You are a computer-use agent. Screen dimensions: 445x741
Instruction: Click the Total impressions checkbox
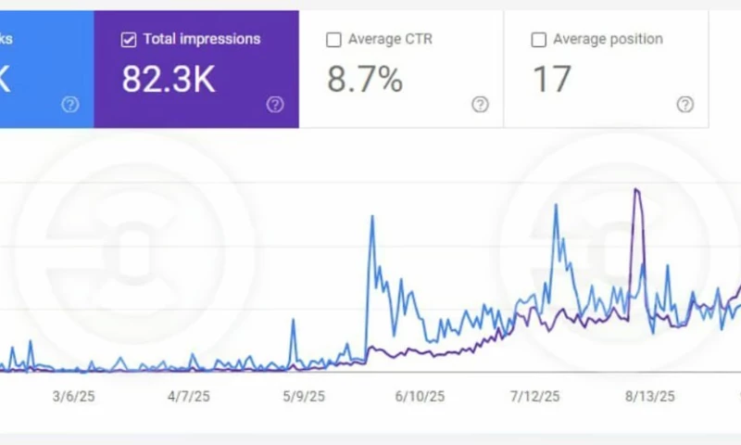(x=130, y=40)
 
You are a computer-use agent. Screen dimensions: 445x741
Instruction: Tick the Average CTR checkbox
(x=333, y=40)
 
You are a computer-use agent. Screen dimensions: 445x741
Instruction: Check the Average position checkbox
(x=538, y=40)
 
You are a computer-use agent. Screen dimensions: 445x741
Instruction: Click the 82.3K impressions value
(x=169, y=80)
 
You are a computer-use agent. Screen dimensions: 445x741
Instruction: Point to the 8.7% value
(x=365, y=80)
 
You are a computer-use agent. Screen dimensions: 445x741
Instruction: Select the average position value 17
(x=551, y=80)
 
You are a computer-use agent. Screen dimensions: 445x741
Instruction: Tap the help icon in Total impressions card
(x=275, y=104)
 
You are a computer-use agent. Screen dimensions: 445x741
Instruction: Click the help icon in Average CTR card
(x=480, y=104)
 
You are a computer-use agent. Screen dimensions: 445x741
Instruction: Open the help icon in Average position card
(x=684, y=104)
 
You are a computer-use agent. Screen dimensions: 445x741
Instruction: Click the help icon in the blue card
(x=70, y=104)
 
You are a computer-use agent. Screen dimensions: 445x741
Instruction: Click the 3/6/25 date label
(x=73, y=396)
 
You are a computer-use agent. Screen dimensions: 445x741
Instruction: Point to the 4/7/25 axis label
(x=188, y=396)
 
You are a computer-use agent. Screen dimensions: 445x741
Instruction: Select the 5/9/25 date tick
(x=303, y=396)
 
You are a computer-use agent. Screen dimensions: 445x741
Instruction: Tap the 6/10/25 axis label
(x=420, y=396)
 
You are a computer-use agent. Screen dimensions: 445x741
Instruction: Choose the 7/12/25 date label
(x=534, y=396)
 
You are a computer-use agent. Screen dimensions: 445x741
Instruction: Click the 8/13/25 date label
(x=649, y=396)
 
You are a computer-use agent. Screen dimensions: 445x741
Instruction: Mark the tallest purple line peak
(x=636, y=190)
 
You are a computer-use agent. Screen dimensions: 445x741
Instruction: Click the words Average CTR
(x=390, y=40)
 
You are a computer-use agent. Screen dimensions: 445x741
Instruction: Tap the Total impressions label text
(x=202, y=40)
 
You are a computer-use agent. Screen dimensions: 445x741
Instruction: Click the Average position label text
(x=608, y=40)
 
